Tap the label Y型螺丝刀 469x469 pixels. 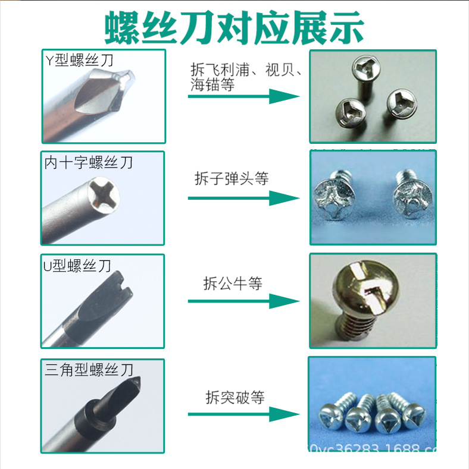79,60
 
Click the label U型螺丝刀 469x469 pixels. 77,266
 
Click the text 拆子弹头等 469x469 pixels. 232,178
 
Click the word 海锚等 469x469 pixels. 212,85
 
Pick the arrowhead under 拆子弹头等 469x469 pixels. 283,197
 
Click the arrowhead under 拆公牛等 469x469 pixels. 283,301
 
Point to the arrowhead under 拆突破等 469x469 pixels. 283,414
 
